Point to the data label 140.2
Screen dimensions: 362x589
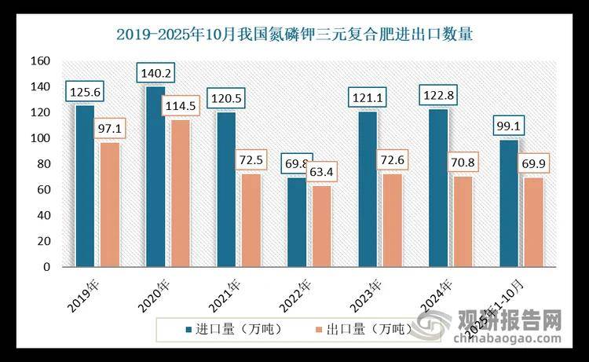(157, 74)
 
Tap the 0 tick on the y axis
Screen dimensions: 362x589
(47, 267)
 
